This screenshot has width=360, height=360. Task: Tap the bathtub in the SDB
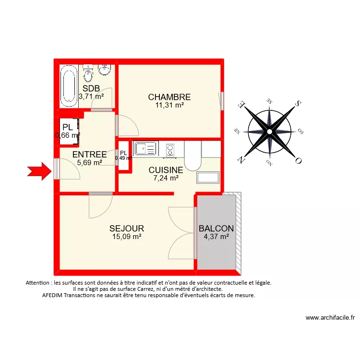pos(69,86)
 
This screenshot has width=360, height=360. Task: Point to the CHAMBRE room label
pos(169,97)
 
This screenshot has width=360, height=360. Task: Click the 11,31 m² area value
pos(169,105)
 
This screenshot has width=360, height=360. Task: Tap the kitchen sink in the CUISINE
pos(146,149)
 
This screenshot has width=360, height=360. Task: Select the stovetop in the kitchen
pos(170,150)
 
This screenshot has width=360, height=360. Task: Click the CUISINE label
pos(166,170)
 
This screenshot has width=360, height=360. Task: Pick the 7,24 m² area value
pos(166,178)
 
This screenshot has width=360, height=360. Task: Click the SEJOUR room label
pos(126,228)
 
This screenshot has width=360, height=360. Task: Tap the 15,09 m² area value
pos(126,237)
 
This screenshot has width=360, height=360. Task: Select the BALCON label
pos(216,228)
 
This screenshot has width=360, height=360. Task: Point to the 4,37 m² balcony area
pos(216,237)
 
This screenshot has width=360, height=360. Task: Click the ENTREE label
pos(89,155)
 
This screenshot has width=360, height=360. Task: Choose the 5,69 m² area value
pos(89,163)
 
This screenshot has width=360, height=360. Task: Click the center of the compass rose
pos(270,131)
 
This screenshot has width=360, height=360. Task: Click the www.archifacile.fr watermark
pos(330,318)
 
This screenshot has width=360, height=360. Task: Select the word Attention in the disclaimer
pos(38,283)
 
